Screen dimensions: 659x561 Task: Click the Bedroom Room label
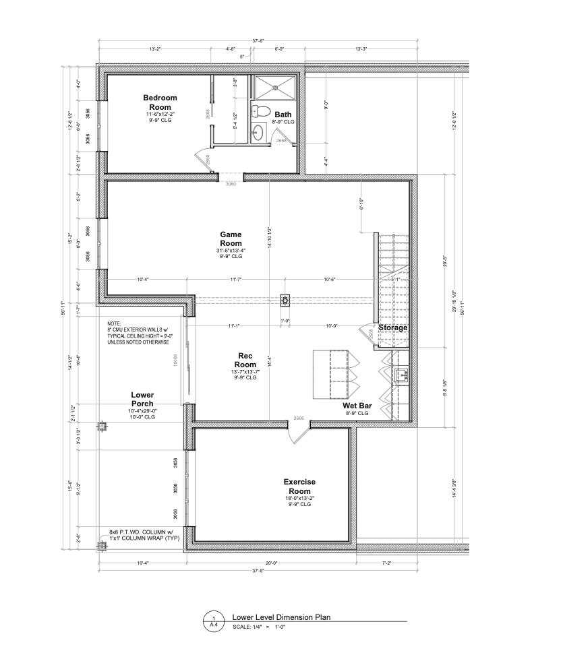pos(160,102)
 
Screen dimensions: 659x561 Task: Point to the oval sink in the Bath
pos(256,132)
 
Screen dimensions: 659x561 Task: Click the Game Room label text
pos(231,239)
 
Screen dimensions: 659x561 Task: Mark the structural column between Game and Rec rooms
pos(285,299)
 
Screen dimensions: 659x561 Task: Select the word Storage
pos(392,328)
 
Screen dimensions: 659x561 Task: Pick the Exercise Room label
pos(299,486)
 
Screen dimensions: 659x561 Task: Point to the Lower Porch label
pos(142,400)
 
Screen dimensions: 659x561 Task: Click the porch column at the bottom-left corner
pos(102,546)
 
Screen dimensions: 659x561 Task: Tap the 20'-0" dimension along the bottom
pos(272,562)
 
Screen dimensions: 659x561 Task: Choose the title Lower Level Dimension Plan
pos(281,617)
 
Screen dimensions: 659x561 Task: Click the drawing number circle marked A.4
pos(214,621)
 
